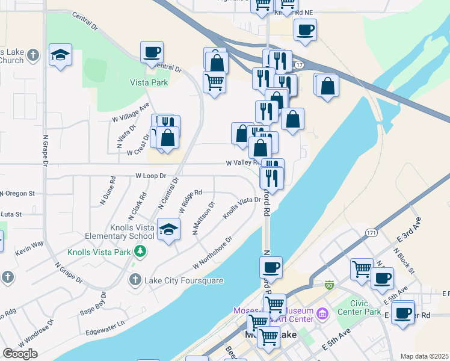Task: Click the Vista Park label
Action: click(149, 82)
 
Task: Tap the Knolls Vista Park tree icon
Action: click(141, 251)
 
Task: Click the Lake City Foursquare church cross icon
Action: click(135, 280)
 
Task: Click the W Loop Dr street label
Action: click(158, 177)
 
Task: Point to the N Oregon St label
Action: click(18, 194)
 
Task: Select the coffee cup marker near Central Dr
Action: click(152, 52)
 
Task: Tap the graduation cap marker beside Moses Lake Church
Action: click(60, 55)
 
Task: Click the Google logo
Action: click(20, 353)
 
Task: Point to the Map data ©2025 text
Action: click(424, 356)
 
